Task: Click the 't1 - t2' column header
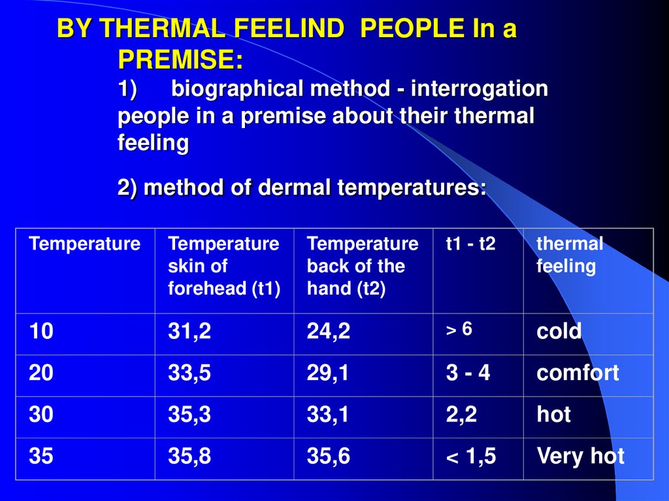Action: coord(470,244)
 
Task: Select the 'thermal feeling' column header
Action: coord(569,255)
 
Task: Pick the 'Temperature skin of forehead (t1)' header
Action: coord(223,266)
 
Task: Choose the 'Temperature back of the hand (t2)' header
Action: coord(363,266)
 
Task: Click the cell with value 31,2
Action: coord(189,332)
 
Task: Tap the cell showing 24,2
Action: coord(329,332)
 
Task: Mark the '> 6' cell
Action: coord(459,330)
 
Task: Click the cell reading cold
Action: coord(559,332)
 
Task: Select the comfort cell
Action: coord(578,374)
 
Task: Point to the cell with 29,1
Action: coord(329,374)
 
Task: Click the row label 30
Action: coord(41,415)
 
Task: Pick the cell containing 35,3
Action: coord(189,415)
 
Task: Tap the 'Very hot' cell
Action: coord(580,456)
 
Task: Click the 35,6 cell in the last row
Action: coord(329,457)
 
